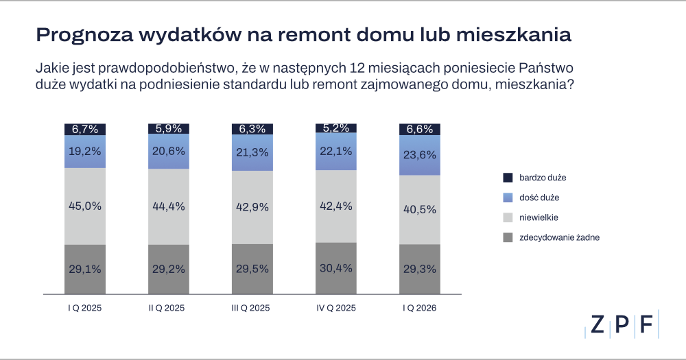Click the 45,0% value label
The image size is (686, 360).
[85, 206]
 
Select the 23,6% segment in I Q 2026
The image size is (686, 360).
[420, 156]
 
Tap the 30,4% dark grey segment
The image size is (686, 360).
[336, 268]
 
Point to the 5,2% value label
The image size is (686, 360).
[336, 128]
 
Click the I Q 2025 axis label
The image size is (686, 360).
[85, 309]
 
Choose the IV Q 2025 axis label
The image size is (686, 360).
[336, 309]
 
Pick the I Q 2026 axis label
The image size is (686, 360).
[420, 309]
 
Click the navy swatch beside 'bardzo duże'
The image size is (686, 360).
[508, 178]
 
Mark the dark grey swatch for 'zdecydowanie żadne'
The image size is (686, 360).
[508, 237]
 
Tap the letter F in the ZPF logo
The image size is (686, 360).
[646, 326]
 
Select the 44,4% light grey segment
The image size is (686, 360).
[169, 207]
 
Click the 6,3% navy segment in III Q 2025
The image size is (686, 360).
[252, 129]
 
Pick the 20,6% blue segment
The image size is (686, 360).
[169, 152]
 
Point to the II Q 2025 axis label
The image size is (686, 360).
[169, 309]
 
